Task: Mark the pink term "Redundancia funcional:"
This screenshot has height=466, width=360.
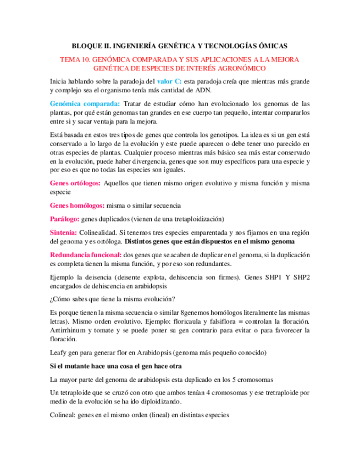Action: tap(86, 254)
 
